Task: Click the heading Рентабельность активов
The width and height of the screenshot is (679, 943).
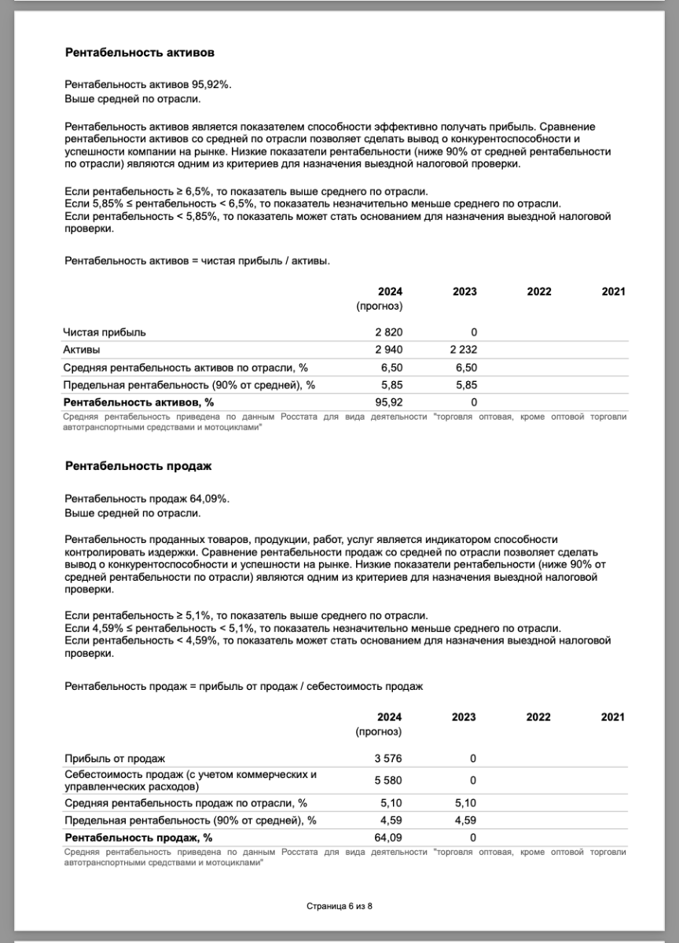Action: pos(140,53)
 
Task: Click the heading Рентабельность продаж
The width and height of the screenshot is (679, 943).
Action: pos(138,466)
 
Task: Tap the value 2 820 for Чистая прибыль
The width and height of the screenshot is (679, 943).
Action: pos(388,332)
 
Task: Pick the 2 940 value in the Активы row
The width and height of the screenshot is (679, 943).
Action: pos(388,350)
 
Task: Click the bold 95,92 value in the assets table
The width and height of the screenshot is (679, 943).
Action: pos(389,402)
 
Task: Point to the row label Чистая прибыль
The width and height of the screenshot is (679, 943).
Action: pos(105,332)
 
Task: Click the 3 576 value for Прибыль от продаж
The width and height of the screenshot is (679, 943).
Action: pos(388,758)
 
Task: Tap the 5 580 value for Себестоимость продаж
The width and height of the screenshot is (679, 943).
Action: pos(388,780)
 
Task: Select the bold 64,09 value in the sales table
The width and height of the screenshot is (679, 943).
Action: pos(389,838)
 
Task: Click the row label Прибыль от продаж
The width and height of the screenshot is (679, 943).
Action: pos(115,758)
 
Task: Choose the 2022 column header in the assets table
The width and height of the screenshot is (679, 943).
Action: pos(539,292)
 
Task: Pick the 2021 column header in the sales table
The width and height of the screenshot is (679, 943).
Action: pos(613,717)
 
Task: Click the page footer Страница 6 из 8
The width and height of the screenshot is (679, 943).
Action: pos(339,906)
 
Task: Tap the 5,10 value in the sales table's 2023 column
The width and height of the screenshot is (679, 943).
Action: pos(464,803)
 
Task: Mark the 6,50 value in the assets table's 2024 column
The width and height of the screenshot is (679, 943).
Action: pos(391,368)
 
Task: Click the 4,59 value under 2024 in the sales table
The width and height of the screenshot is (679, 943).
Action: pos(391,820)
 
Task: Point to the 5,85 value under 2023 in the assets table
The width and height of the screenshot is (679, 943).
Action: pos(464,385)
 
